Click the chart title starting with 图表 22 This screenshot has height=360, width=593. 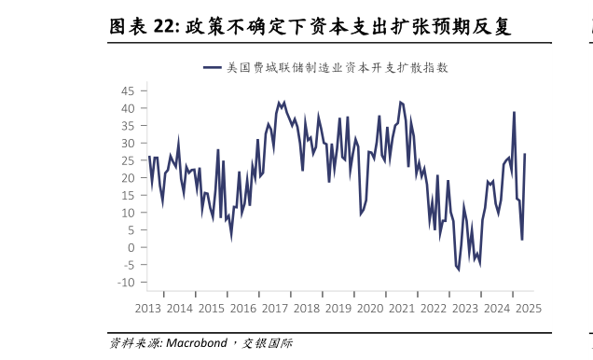point(310,27)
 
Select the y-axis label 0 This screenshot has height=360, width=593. point(131,248)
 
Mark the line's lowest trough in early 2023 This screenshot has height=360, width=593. point(459,270)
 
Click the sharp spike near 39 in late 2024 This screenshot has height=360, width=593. point(514,112)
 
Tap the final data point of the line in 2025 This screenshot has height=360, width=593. point(525,154)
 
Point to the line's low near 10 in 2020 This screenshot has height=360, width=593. point(361,214)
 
